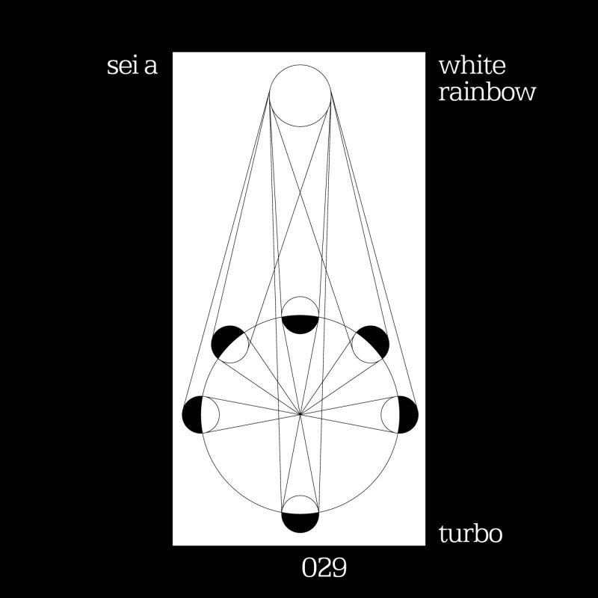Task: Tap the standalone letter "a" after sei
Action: coord(151,68)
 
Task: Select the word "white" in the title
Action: coord(472,66)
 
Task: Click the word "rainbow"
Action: coord(487,92)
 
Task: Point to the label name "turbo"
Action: coord(470,534)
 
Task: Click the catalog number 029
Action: coord(324,568)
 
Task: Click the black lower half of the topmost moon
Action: coord(300,324)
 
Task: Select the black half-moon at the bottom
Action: coord(300,523)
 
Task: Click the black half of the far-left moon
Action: coord(193,415)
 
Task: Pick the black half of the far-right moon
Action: coord(408,415)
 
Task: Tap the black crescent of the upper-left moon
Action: coord(224,339)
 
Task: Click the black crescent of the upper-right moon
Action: coord(376,339)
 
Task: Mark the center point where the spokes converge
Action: coord(300,414)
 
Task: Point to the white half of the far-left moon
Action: coord(211,415)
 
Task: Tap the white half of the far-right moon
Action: coord(389,415)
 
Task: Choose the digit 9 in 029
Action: coord(339,568)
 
